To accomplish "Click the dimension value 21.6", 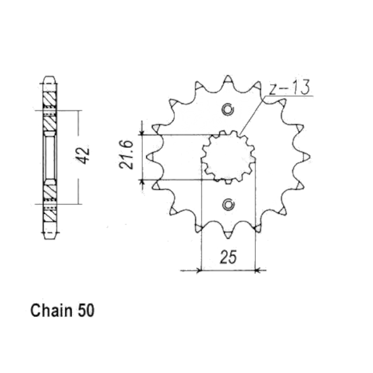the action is coord(126,154).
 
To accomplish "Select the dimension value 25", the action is coord(228,257).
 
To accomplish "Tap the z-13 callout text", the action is coord(290,87).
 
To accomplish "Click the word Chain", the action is coord(51,311).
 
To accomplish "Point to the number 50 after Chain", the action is coord(86,311).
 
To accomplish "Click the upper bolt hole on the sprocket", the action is coord(228,109).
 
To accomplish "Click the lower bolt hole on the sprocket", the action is coord(228,205).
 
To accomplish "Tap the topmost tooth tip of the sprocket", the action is coord(228,76).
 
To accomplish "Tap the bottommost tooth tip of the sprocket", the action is coord(228,238).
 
